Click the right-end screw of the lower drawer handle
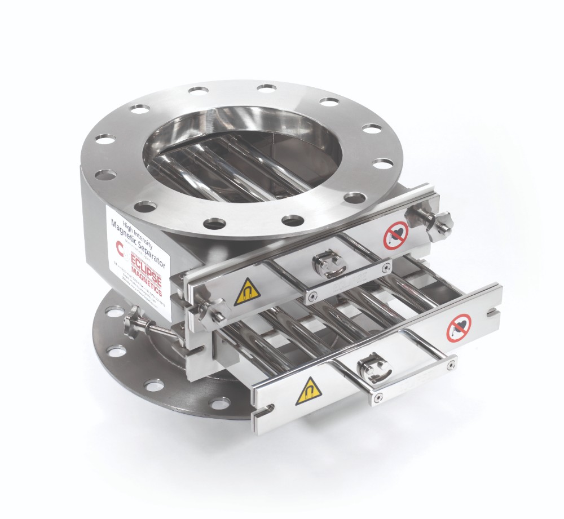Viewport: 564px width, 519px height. click(x=450, y=366)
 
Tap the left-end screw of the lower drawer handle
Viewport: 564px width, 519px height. click(x=377, y=400)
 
